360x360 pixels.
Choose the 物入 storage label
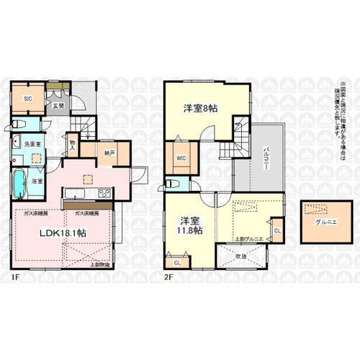pyautogui.click(x=73, y=145)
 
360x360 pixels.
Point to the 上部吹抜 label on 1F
pyautogui.click(x=100, y=265)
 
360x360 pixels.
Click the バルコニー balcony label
pyautogui.click(x=265, y=155)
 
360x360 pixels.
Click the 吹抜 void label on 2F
pyautogui.click(x=241, y=256)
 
